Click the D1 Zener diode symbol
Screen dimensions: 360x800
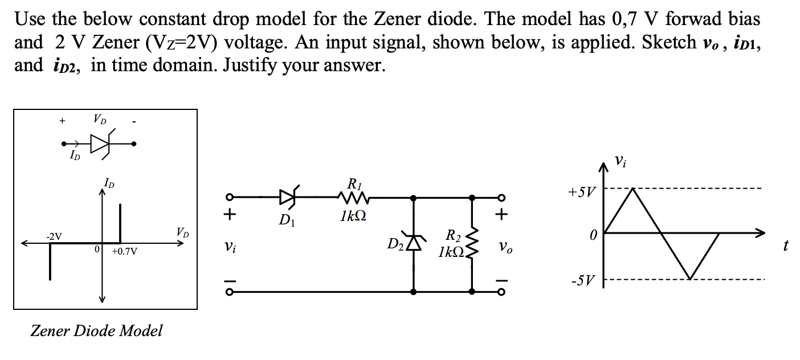288,198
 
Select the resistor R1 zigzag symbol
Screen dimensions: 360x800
354,198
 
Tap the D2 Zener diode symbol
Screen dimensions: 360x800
413,242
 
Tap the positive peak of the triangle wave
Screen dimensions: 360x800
632,189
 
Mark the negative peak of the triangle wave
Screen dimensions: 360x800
689,279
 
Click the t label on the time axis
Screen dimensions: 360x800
786,246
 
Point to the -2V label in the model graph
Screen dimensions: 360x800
55,236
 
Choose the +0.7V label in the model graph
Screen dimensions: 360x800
124,251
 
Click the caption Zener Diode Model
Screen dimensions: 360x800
96,330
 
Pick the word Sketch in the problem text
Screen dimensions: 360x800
670,42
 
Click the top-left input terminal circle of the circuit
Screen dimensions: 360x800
229,198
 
